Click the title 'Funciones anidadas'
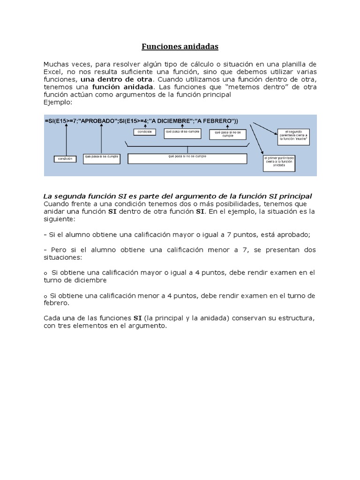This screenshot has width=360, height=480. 180,47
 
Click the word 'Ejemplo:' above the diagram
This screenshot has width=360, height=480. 57,101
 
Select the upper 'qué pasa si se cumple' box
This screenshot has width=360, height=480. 182,132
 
